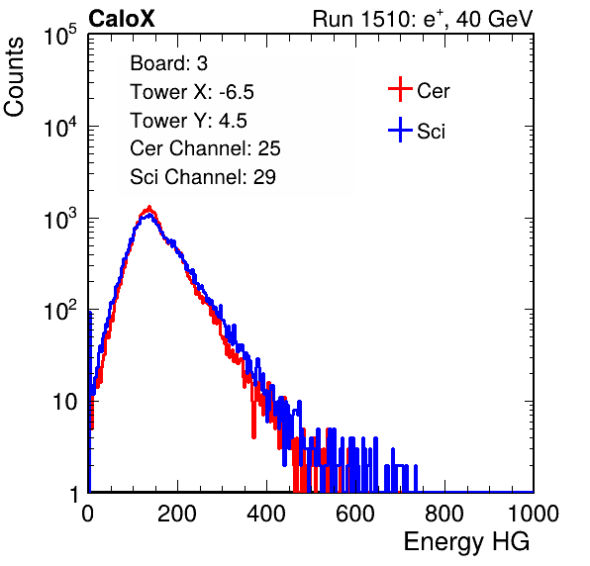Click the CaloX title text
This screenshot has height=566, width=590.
[x=121, y=19]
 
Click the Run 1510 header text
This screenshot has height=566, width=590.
[x=423, y=19]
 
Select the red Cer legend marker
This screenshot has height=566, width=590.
[x=400, y=89]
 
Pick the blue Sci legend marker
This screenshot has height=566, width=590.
[x=400, y=130]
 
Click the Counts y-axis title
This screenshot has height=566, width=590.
[x=14, y=77]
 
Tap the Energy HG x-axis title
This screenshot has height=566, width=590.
[x=466, y=542]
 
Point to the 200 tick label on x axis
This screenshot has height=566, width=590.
[x=177, y=514]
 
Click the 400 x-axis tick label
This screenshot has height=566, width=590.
[x=266, y=514]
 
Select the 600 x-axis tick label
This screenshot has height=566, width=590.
[x=355, y=514]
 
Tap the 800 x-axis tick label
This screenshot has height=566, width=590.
[x=444, y=514]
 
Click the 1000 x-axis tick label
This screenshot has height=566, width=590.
[x=534, y=514]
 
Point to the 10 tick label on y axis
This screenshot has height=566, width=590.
[x=65, y=402]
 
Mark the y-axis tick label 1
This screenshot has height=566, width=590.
[x=73, y=495]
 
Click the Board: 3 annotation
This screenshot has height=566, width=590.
[x=168, y=63]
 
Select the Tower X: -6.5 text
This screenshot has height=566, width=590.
[x=192, y=92]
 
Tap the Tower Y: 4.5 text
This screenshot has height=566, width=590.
[x=188, y=121]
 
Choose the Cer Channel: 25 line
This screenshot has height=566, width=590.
[x=205, y=148]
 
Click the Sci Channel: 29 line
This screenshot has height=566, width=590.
[x=203, y=177]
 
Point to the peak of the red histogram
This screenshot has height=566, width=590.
[x=149, y=207]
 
